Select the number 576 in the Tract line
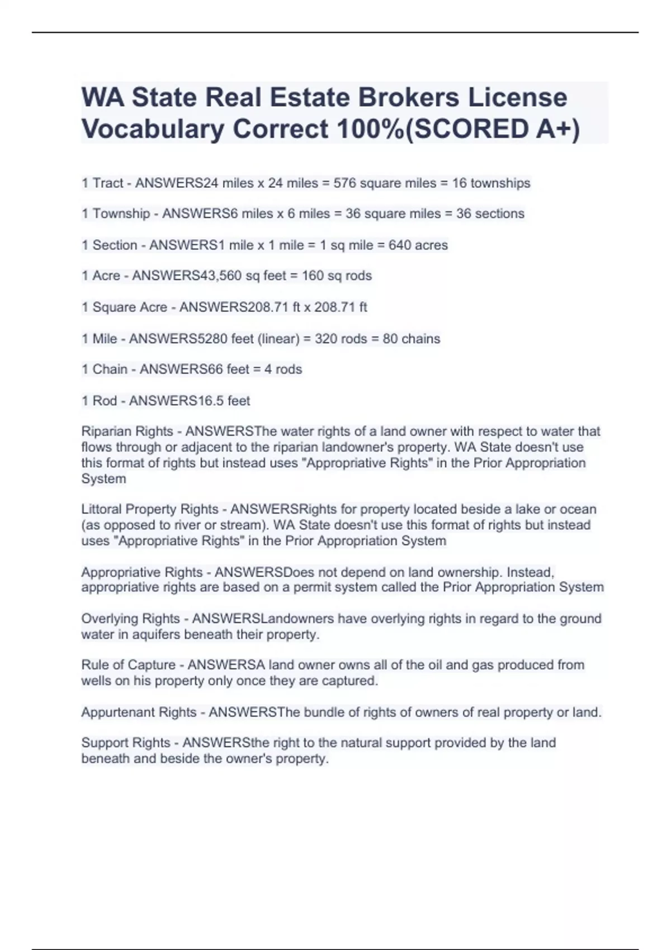[x=344, y=183]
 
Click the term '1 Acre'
[x=101, y=275]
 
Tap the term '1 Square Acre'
[x=124, y=307]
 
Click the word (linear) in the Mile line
[x=278, y=339]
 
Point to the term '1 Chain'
[x=105, y=369]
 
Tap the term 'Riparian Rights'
[x=127, y=431]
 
